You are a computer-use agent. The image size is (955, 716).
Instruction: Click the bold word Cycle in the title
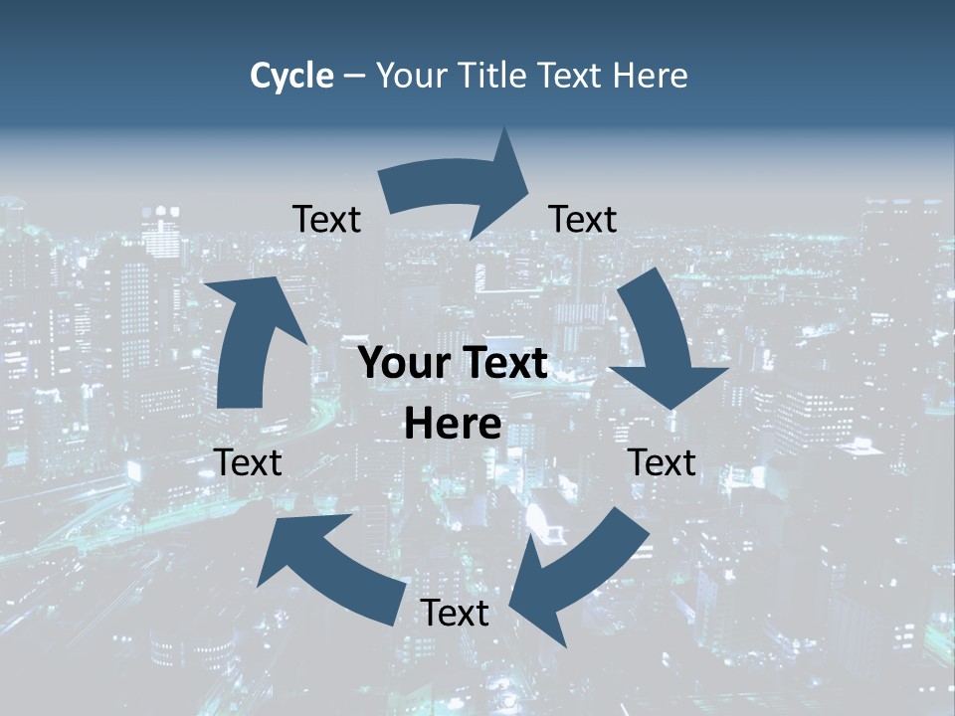point(291,76)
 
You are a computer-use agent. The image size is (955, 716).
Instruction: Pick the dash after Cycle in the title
point(354,77)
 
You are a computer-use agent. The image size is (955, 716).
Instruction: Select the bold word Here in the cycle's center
point(453,425)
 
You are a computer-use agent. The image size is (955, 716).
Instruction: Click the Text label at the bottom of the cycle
point(455,613)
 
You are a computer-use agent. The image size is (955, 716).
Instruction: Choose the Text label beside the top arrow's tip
point(582,219)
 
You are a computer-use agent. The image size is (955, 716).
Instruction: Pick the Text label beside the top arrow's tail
point(326,219)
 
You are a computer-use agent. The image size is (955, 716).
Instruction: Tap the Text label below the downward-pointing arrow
point(662,462)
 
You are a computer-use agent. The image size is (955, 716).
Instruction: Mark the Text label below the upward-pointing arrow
point(248,462)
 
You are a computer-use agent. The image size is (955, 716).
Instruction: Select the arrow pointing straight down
point(661,338)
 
